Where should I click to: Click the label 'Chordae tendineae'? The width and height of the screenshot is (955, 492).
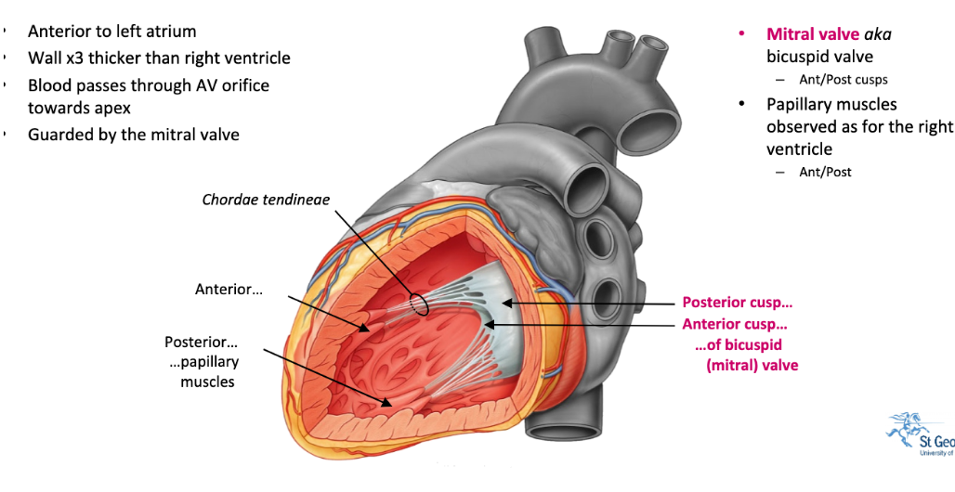point(266,199)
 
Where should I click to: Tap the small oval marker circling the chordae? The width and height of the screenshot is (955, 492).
point(419,304)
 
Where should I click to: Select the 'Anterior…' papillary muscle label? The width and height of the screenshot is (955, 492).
point(229,289)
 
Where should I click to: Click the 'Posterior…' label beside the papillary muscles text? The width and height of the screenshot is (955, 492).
point(201,343)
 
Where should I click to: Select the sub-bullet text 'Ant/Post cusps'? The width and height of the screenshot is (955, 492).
point(843,79)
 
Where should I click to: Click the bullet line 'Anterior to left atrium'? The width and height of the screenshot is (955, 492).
point(111,32)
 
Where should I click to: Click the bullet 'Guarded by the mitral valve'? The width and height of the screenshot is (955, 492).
point(133,135)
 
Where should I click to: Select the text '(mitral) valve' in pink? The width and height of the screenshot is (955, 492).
point(752,365)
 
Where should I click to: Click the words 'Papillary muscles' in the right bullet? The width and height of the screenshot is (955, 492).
point(831,104)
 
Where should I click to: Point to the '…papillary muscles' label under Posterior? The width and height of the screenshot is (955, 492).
point(209,370)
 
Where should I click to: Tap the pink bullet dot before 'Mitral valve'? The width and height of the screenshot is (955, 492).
point(741,34)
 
